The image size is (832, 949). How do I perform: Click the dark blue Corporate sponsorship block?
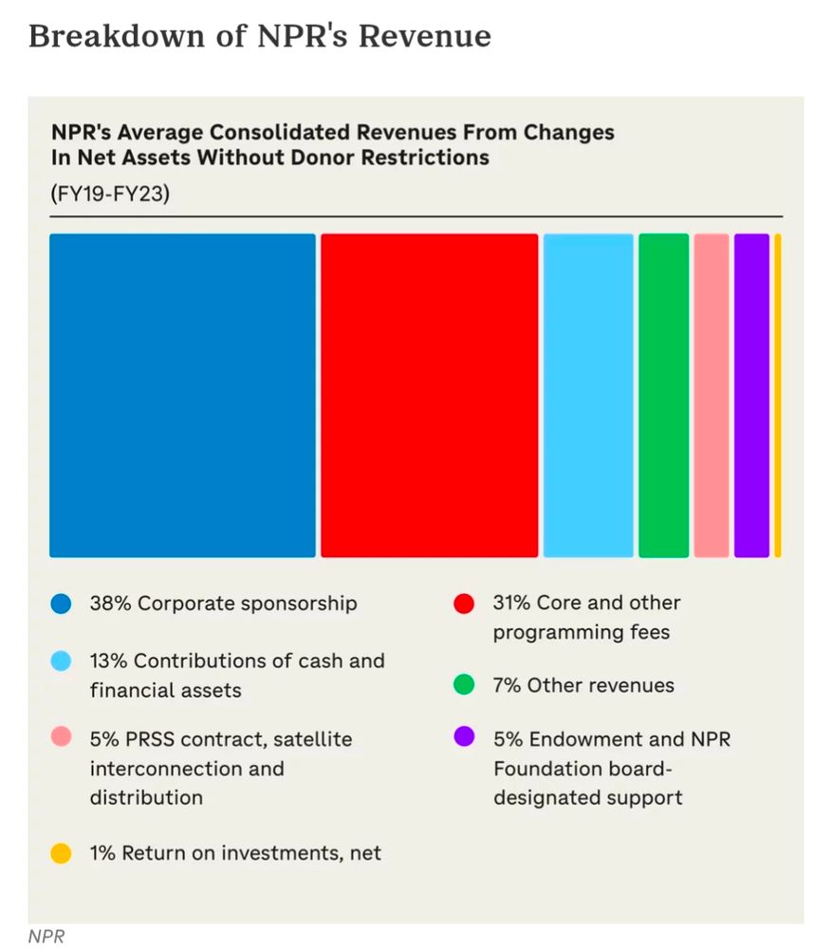pos(182,395)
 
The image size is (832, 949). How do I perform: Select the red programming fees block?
pos(429,395)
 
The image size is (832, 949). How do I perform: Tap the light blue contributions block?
pos(588,395)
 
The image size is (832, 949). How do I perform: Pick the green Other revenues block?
pos(664,395)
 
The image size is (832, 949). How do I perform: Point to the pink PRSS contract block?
pos(712,395)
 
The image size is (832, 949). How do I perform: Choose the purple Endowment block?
pos(751,395)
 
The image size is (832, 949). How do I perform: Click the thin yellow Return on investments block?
pos(778,395)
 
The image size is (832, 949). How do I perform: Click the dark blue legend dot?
pos(62,604)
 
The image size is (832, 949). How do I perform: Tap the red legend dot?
pos(464,604)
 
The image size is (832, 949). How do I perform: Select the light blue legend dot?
pos(62,661)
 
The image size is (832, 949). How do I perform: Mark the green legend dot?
pos(464,685)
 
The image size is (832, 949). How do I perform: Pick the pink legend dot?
pos(62,738)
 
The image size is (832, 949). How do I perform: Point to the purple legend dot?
pos(464,738)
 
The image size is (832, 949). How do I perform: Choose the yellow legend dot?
pos(62,853)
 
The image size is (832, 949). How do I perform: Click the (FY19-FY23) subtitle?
pos(110,194)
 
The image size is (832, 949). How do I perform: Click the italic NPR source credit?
pos(46,937)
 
